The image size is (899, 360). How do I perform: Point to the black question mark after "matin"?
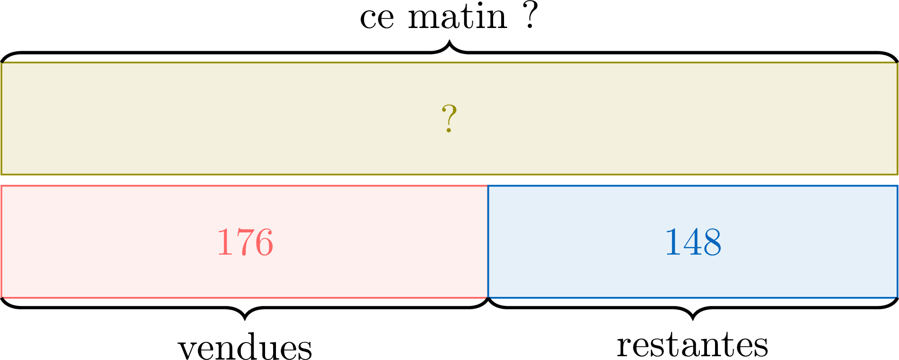click(x=531, y=15)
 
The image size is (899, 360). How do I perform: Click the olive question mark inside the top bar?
click(x=449, y=119)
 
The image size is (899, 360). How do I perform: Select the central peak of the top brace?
click(x=449, y=42)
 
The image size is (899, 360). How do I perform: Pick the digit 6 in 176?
click(x=264, y=242)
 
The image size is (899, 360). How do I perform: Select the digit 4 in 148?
click(x=693, y=242)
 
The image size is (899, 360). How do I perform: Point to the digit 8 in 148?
click(x=712, y=242)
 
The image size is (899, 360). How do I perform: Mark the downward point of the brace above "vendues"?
click(x=245, y=319)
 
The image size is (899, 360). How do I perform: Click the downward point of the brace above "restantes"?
click(x=693, y=319)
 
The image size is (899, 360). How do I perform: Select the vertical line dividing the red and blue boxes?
click(x=488, y=242)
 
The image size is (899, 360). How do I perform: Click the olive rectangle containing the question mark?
click(x=449, y=119)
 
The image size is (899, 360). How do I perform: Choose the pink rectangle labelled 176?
click(x=245, y=242)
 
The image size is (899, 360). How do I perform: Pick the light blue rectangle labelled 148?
click(x=693, y=242)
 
